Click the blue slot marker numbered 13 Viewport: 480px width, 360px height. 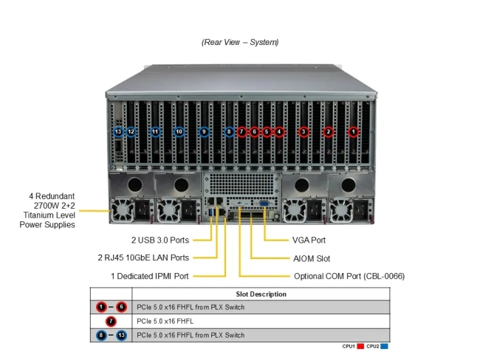pos(118,132)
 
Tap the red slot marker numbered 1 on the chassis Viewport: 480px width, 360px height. pos(354,132)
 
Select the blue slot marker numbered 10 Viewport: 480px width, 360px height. pos(179,132)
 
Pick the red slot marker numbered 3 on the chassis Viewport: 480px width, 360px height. pos(304,132)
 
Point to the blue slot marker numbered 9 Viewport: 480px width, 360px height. pos(205,132)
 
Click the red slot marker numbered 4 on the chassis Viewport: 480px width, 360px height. pos(279,132)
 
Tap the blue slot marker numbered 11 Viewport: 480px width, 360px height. pos(155,132)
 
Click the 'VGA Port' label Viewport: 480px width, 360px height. pos(309,240)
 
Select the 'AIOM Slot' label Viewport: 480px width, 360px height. pos(312,258)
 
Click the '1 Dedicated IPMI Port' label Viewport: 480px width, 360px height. pos(150,276)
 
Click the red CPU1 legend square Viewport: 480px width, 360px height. pos(360,346)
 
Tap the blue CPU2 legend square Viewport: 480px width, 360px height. pos(385,346)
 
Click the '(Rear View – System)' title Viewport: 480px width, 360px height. pos(240,42)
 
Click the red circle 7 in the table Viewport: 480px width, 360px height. pos(111,321)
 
